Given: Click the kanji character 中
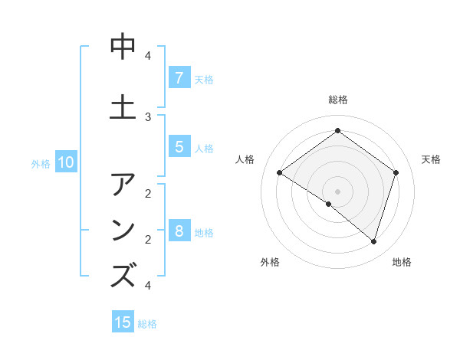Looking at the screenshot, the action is (123, 47).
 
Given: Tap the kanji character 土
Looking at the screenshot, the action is (123, 107).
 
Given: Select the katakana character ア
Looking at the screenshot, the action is (123, 185).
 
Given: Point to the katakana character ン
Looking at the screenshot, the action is (123, 230).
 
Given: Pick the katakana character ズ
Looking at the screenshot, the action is (123, 275).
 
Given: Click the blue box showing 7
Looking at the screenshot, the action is (179, 77).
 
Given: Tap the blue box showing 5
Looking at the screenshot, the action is (179, 146).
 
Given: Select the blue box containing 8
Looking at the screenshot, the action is (179, 231).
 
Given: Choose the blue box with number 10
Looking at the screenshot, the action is (65, 162).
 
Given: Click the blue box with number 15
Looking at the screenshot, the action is (123, 322).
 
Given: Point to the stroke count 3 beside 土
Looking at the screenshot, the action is (148, 116).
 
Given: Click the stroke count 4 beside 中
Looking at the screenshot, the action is (148, 56).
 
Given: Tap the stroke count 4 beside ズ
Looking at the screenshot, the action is (148, 286).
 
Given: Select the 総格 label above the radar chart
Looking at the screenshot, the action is (338, 100).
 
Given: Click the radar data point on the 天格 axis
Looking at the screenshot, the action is (396, 173).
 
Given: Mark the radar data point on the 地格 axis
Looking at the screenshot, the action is (373, 242).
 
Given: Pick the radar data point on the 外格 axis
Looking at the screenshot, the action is (329, 205).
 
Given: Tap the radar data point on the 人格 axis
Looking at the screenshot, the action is (280, 173).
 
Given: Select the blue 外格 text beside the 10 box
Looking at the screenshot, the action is (41, 163).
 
